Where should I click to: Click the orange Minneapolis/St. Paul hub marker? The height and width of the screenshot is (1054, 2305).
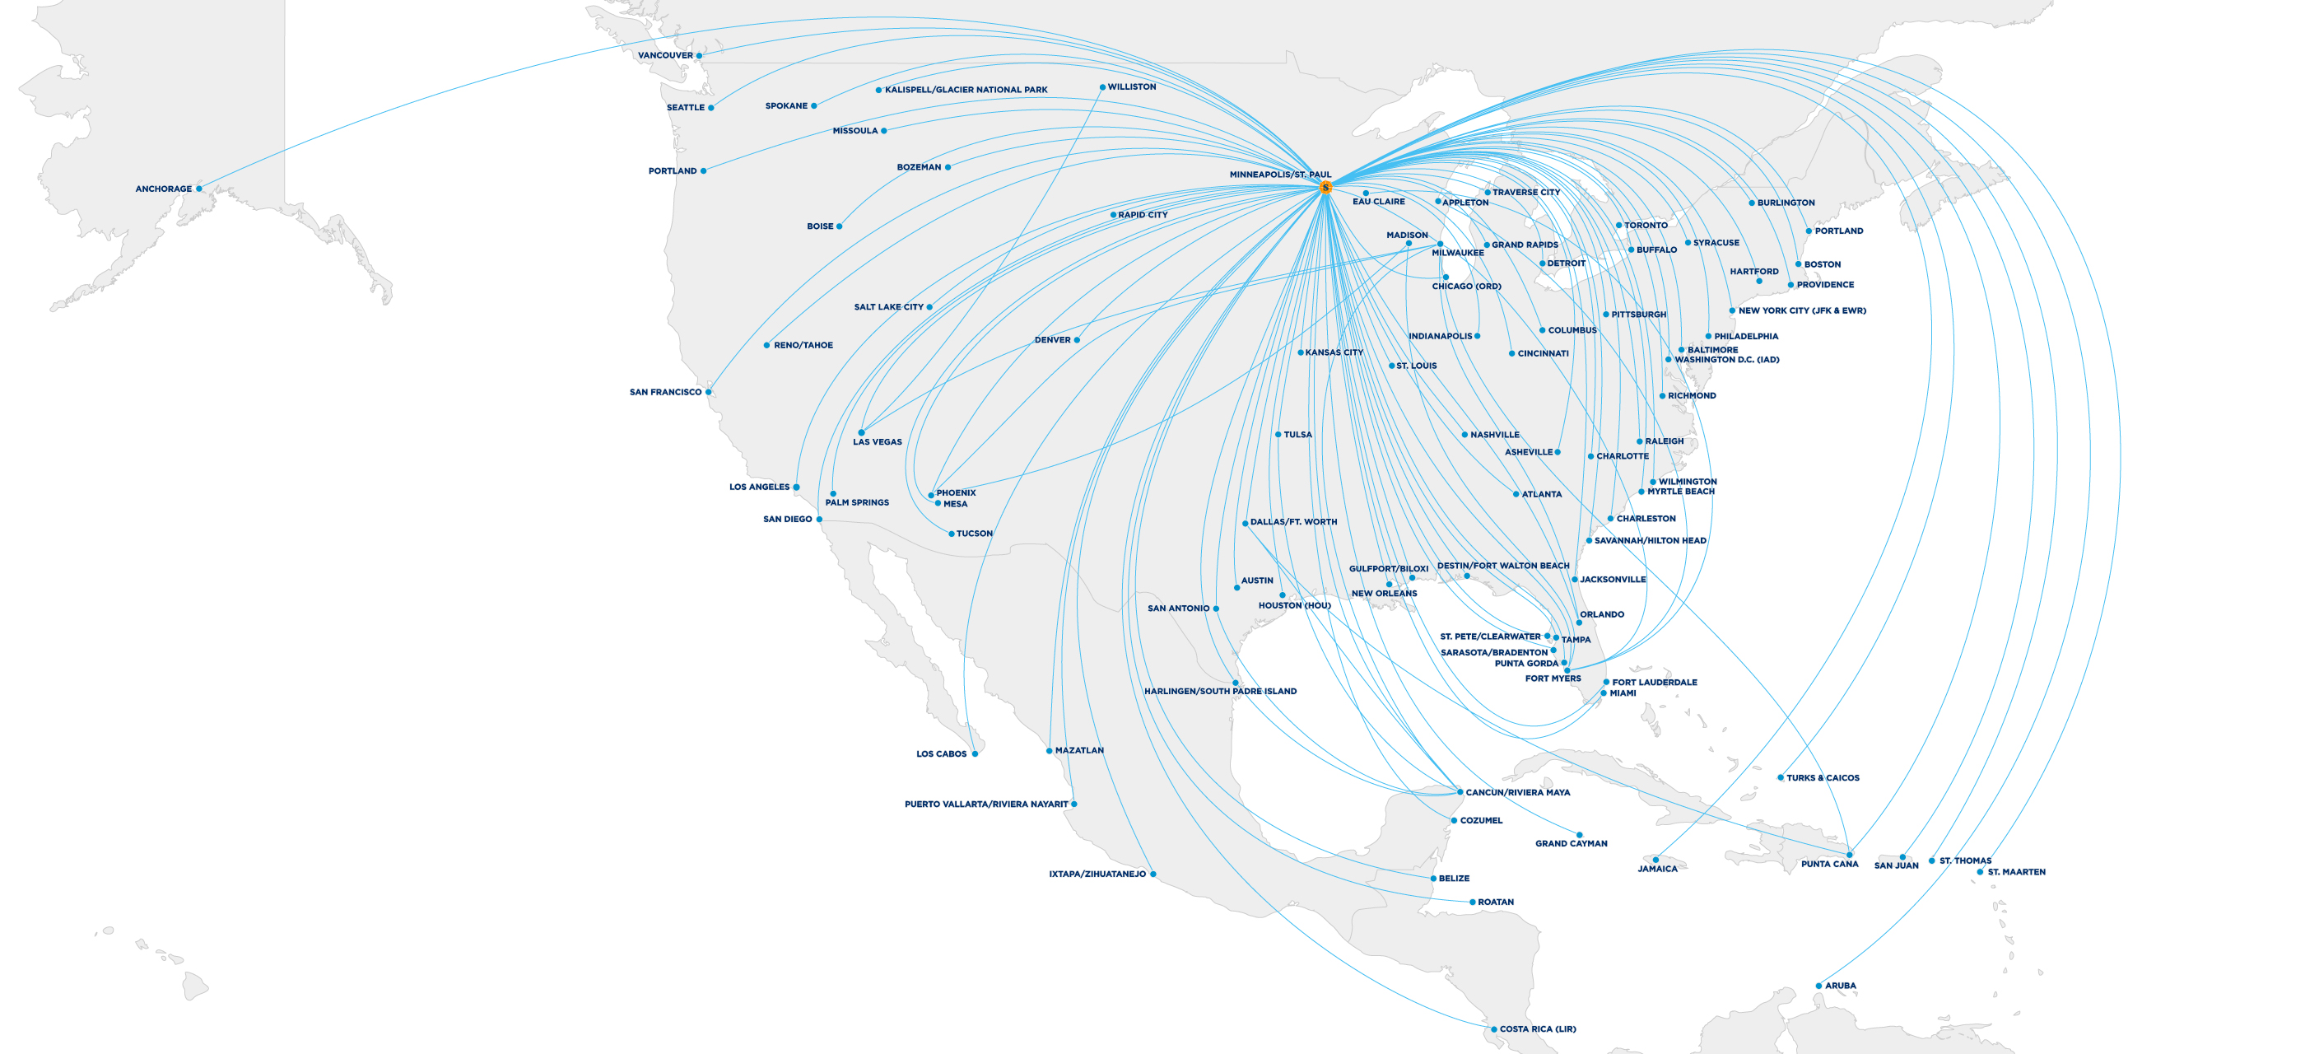(1325, 187)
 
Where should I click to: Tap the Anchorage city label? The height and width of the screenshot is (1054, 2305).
(163, 189)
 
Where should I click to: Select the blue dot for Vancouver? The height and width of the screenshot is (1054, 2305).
(699, 55)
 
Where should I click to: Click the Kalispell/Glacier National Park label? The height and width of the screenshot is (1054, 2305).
(966, 90)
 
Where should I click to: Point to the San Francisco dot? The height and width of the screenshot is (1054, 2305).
(708, 392)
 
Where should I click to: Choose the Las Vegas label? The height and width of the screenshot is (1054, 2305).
(877, 442)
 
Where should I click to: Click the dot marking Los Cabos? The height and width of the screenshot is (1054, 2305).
(975, 753)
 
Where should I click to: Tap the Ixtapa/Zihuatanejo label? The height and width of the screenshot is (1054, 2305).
(1097, 874)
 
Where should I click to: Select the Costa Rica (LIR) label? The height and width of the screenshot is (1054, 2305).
(1537, 1029)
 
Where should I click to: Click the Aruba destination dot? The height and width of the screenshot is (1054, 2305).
(1818, 986)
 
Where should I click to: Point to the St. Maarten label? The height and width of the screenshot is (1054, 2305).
(2016, 871)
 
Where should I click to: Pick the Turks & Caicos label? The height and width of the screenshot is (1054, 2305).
(1822, 777)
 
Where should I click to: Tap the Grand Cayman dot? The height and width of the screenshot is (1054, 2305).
(1579, 835)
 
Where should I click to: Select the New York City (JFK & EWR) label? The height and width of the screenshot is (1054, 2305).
(1801, 310)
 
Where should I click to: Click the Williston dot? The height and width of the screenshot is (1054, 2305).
(1102, 87)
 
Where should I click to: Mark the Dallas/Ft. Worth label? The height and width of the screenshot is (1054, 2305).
(1293, 521)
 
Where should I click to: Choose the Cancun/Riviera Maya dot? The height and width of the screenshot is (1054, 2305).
(1460, 792)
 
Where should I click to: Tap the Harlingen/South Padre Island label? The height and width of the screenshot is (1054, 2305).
(1220, 691)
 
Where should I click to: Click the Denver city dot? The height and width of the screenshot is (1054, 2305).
(1077, 340)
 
